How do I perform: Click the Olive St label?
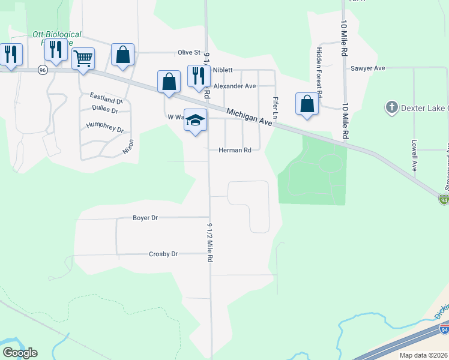(x=188, y=53)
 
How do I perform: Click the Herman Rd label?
(x=234, y=150)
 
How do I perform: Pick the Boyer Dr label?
(x=145, y=218)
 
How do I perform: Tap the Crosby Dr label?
(x=163, y=254)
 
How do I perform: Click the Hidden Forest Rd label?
(x=320, y=73)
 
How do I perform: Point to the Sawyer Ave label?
(x=367, y=68)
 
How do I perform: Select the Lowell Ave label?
(x=414, y=156)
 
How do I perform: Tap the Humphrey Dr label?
(x=104, y=127)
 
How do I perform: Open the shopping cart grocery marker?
(x=83, y=59)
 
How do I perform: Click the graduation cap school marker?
(x=195, y=120)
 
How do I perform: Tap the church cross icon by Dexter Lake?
(x=391, y=107)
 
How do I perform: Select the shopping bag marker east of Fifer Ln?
(x=307, y=103)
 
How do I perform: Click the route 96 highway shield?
(x=42, y=70)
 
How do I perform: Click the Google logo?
(x=20, y=353)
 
